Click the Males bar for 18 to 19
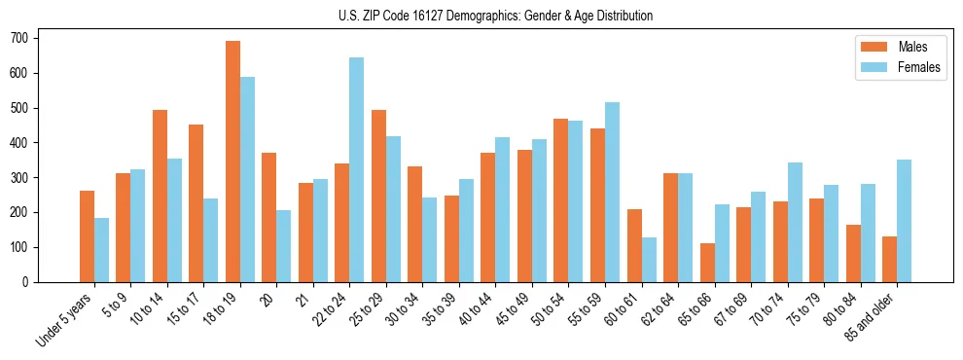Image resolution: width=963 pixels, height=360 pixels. (232, 162)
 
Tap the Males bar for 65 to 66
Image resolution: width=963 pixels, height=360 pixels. (707, 263)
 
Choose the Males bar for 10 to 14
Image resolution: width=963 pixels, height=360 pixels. (160, 196)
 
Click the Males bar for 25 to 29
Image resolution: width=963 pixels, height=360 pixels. (378, 196)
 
